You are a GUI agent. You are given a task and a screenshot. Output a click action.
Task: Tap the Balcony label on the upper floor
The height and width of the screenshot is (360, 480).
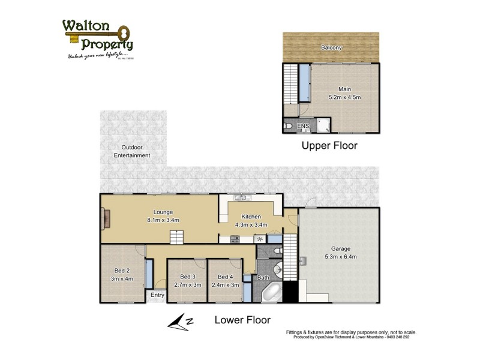[331, 47]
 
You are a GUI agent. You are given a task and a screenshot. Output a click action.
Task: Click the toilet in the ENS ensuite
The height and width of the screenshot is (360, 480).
[289, 127]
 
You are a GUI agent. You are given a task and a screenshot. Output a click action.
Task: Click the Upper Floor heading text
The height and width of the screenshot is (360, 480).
[329, 146]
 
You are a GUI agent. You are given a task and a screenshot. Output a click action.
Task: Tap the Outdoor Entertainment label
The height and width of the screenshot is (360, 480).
[131, 151]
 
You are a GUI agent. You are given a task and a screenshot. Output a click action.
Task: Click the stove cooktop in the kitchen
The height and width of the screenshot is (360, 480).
[235, 239]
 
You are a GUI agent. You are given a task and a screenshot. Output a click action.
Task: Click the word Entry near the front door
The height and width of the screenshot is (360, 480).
[157, 295]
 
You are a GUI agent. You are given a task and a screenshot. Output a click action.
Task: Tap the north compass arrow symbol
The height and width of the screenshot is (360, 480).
[180, 322]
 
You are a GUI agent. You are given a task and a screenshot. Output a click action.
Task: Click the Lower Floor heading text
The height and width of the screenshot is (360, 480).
[242, 320]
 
